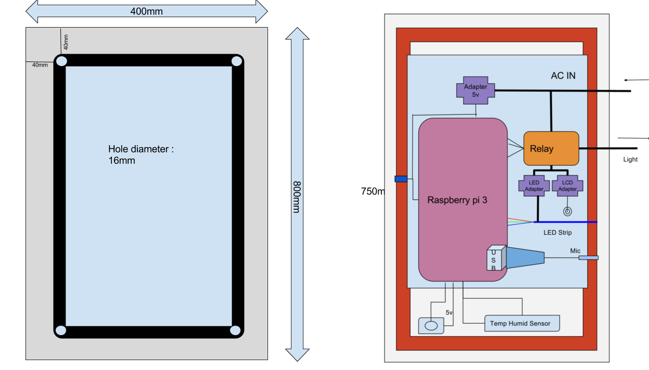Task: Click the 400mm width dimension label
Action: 146,11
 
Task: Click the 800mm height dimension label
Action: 296,196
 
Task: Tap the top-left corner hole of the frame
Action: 61,61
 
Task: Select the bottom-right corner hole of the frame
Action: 235,330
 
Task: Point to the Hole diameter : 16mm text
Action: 141,155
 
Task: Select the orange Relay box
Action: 551,149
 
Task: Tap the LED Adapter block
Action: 534,186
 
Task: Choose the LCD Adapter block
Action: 567,186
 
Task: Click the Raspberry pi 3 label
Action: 457,200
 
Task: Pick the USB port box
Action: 495,258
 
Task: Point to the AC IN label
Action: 563,75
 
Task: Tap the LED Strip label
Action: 557,233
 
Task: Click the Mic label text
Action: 575,251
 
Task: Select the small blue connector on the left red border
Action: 401,179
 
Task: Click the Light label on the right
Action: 630,159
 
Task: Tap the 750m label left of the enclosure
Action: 372,192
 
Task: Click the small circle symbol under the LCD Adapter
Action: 567,212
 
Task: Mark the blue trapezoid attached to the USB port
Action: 525,258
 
